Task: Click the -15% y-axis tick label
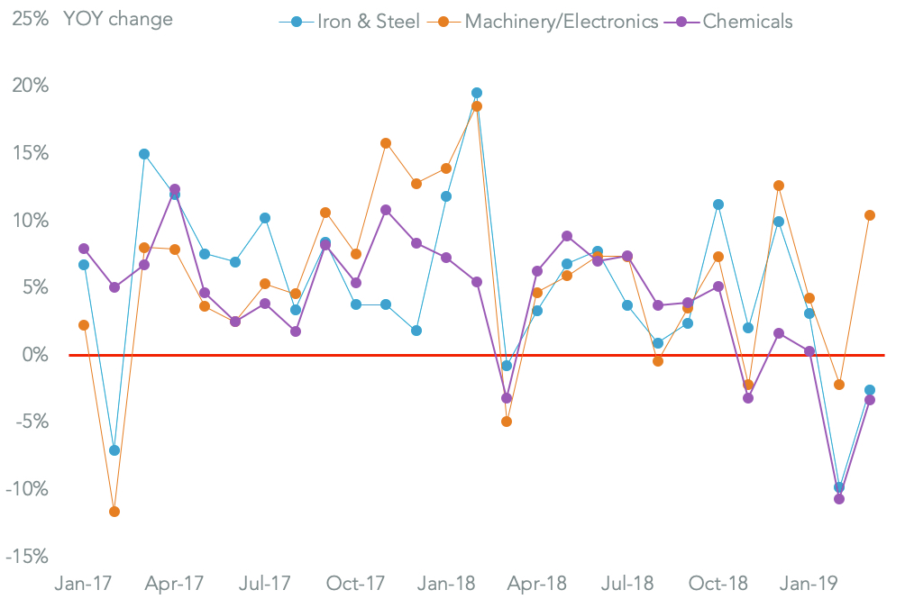click(27, 557)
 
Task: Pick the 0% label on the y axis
click(34, 355)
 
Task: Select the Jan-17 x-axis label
click(84, 583)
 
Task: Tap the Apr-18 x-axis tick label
click(537, 583)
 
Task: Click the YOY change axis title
click(118, 19)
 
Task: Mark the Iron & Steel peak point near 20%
click(477, 93)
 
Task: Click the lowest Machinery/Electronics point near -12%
click(114, 512)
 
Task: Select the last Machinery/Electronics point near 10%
click(869, 215)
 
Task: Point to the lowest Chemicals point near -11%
click(839, 499)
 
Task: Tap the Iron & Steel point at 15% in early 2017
click(144, 154)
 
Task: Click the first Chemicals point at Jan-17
click(84, 249)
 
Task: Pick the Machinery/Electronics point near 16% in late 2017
click(386, 143)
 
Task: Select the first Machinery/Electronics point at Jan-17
click(84, 325)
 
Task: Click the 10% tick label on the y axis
click(31, 221)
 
